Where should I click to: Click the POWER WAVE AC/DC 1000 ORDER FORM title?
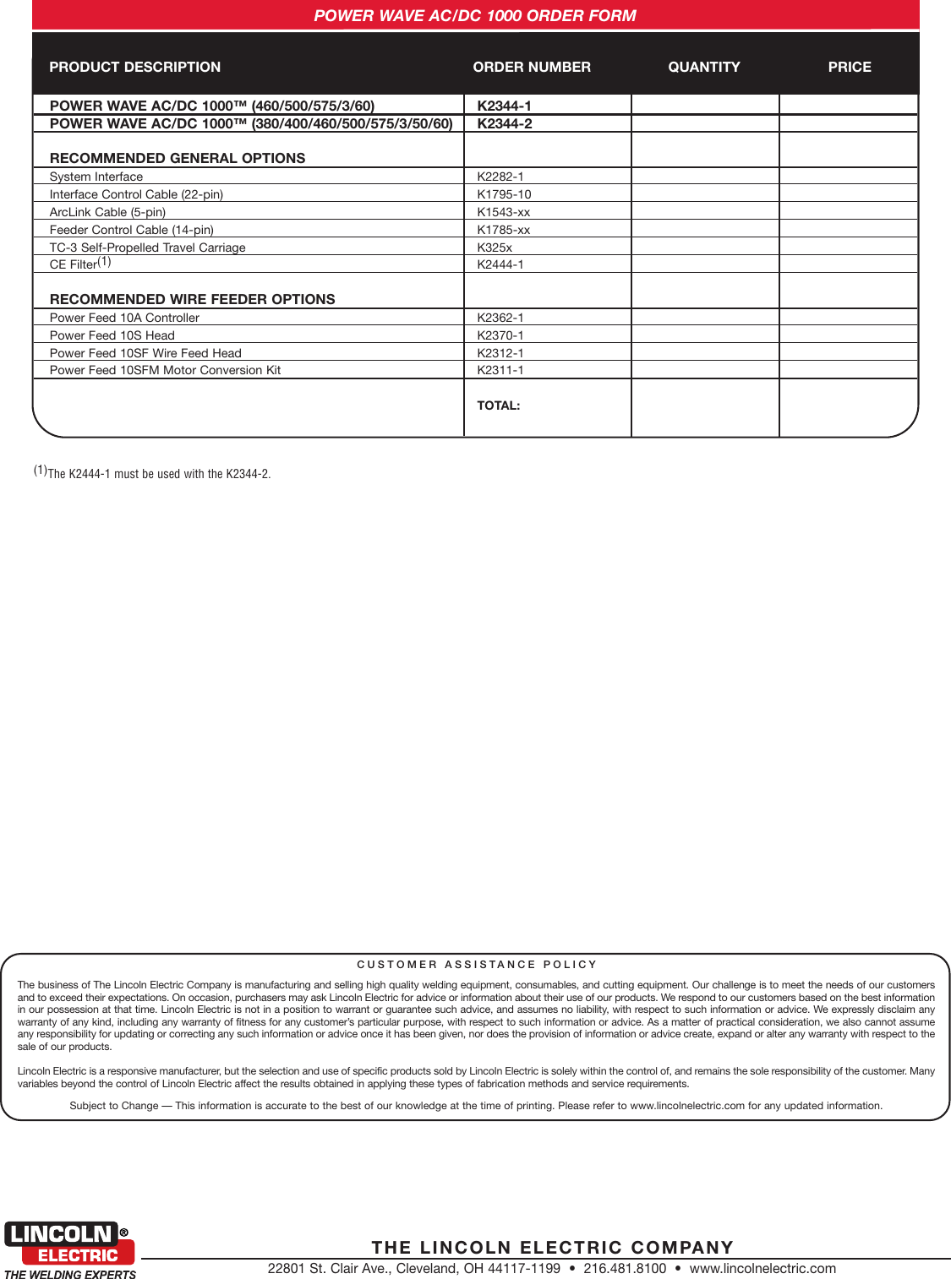[x=474, y=15]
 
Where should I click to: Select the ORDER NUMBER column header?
[x=531, y=67]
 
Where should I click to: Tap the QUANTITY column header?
[x=703, y=67]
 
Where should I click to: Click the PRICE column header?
[x=849, y=67]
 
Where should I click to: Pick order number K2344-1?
[x=504, y=106]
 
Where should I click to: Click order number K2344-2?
[x=504, y=123]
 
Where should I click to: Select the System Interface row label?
[x=96, y=177]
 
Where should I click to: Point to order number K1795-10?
[x=504, y=194]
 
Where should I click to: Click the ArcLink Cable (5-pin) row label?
[x=107, y=212]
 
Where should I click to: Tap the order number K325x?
[x=494, y=248]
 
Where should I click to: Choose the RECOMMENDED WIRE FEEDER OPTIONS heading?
[x=192, y=299]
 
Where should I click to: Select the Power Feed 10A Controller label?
[x=124, y=318]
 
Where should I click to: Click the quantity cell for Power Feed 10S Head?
[x=704, y=335]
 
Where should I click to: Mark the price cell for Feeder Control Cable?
[x=848, y=230]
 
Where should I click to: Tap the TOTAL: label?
[x=498, y=405]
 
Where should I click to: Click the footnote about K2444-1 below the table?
[x=152, y=473]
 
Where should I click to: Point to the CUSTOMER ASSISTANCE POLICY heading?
[x=477, y=964]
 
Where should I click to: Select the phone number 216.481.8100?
[x=624, y=1268]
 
